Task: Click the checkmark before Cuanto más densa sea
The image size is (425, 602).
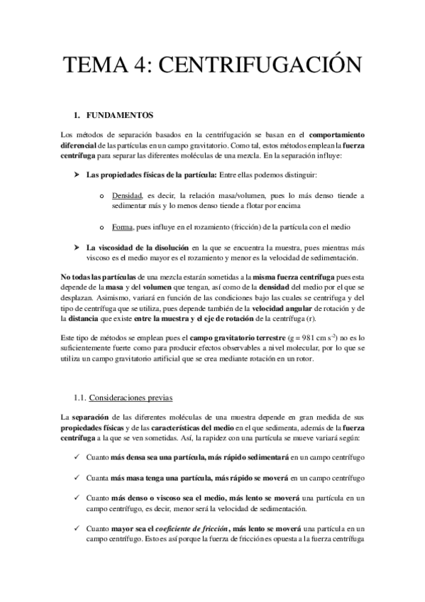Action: click(x=77, y=458)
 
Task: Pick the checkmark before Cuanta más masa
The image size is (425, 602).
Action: click(x=77, y=479)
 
